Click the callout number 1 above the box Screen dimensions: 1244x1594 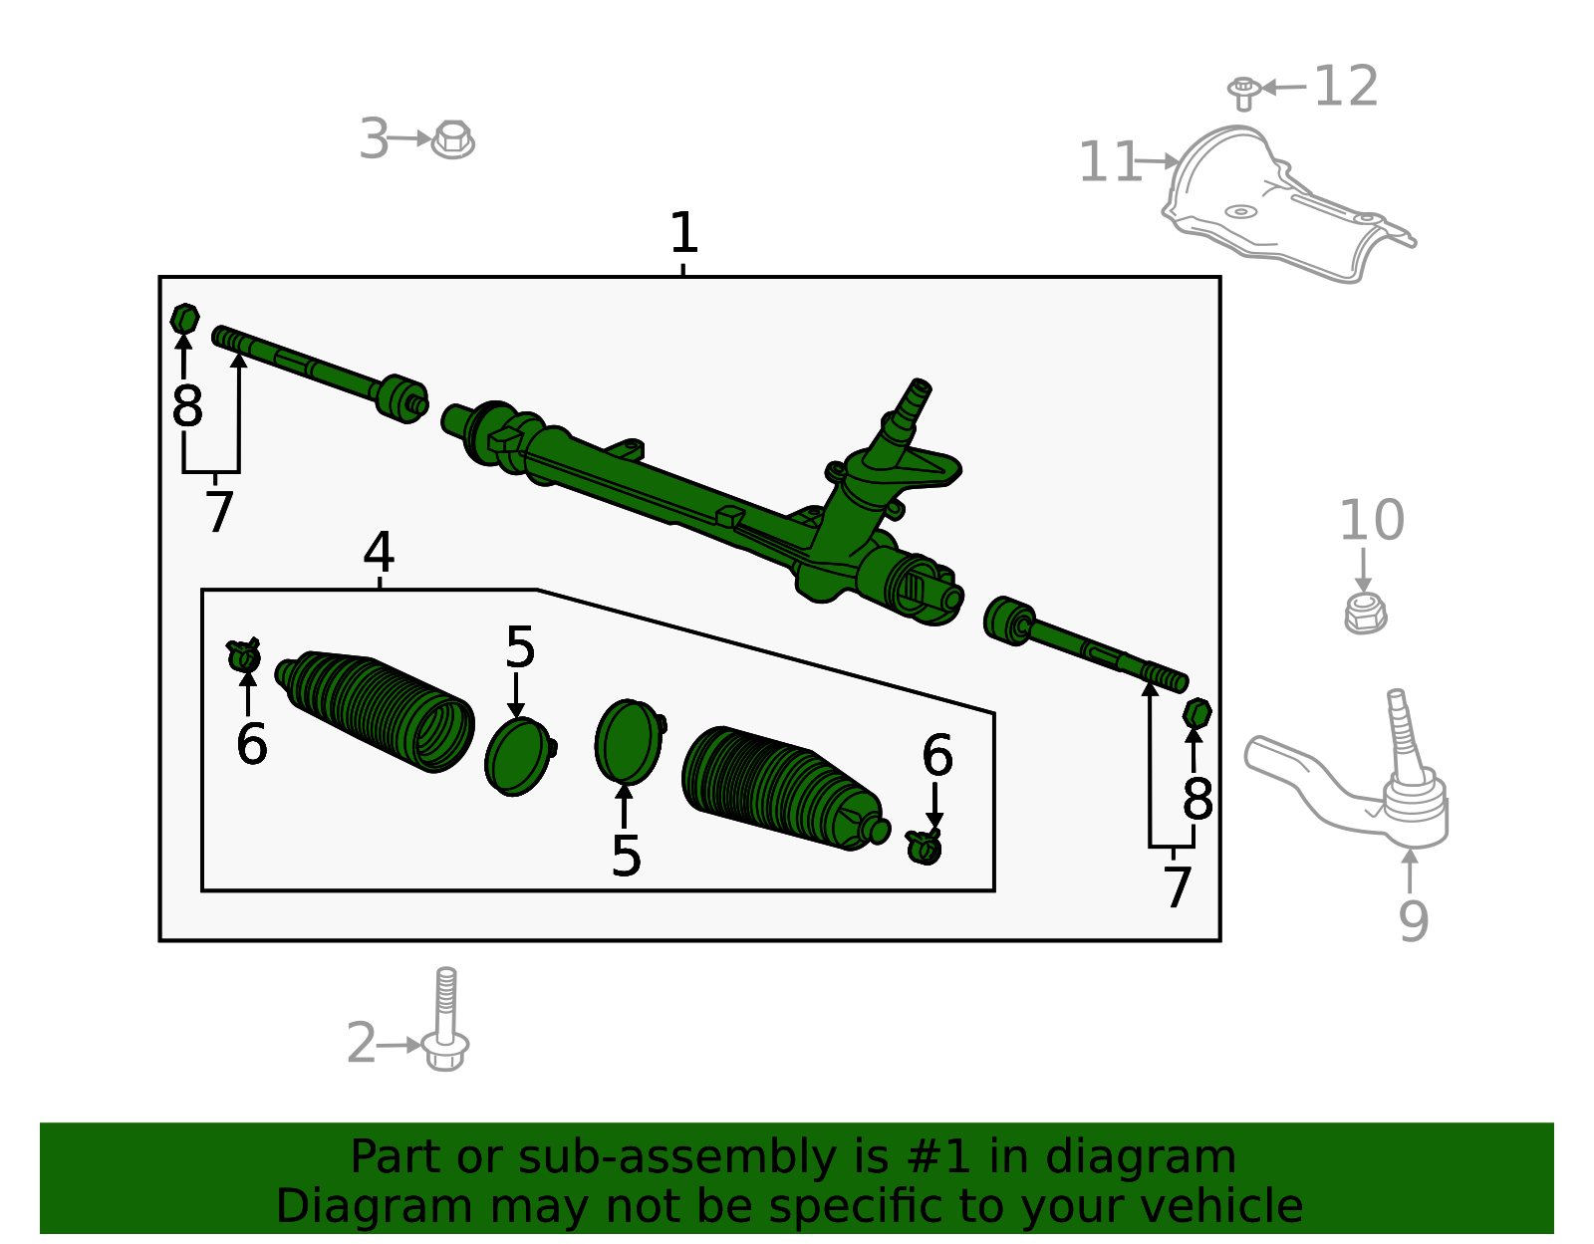coord(683,234)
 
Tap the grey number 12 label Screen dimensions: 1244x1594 coord(1346,87)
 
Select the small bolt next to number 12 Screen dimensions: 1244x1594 coord(1242,93)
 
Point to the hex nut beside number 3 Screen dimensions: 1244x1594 coord(453,139)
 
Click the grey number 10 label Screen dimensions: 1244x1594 coord(1371,521)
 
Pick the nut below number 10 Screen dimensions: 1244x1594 coord(1365,613)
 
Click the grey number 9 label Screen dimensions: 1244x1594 coord(1413,921)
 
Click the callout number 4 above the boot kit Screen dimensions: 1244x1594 coord(379,552)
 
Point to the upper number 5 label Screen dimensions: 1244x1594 coord(520,648)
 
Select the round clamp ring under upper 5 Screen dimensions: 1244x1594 coord(517,757)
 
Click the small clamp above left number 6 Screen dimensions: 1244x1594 coord(244,655)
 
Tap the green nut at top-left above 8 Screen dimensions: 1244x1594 coord(184,319)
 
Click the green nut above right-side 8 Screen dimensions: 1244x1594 coord(1196,713)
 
